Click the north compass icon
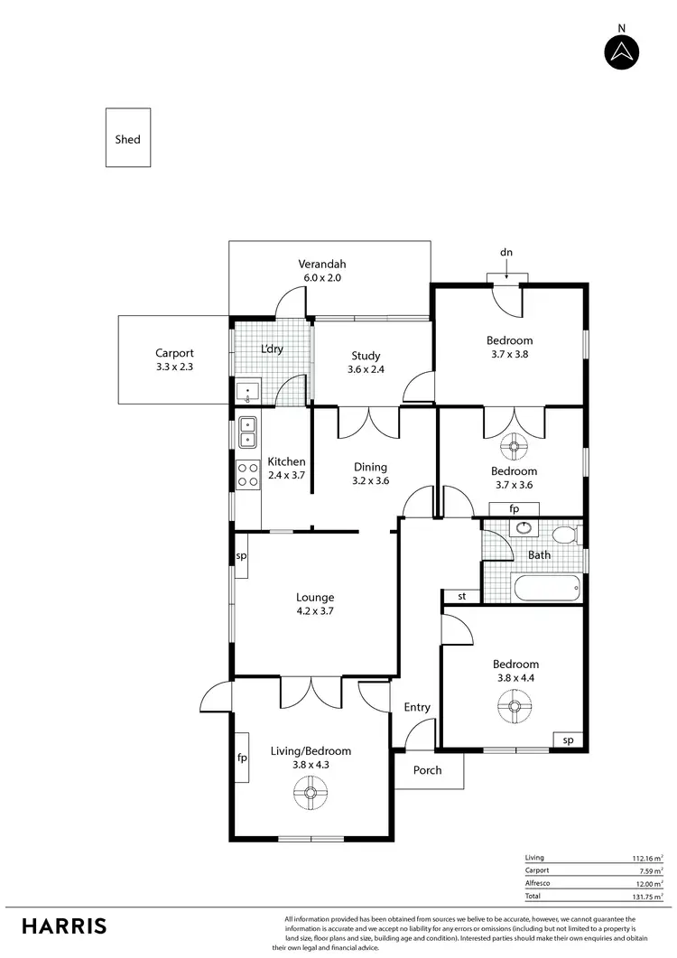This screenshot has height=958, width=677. pos(621,52)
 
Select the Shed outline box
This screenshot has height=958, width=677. pos(128,138)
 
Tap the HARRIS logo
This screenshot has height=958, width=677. pos(64,925)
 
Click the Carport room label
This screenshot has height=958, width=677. pos(174,354)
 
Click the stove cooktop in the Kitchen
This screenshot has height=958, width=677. pos(247,475)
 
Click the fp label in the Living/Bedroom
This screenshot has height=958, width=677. pos(242,758)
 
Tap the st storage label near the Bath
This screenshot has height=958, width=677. pos(461,596)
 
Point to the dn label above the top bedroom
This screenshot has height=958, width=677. pos(506,253)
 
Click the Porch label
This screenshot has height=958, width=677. pos(428,770)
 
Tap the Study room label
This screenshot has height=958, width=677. pos(365,356)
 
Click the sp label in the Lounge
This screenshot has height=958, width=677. pos(241,556)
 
